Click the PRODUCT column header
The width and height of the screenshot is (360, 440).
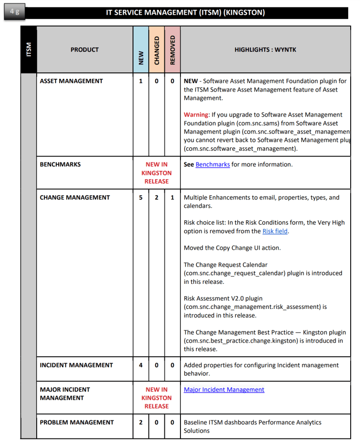(x=85, y=50)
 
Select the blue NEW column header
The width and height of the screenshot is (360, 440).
(x=141, y=50)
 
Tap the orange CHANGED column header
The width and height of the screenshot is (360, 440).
(x=157, y=50)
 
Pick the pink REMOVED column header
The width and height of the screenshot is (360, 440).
(x=172, y=50)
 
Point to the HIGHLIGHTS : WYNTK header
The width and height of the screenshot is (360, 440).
(x=265, y=50)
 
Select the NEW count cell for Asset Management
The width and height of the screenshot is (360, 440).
(x=141, y=81)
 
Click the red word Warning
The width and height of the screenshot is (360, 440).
(x=196, y=115)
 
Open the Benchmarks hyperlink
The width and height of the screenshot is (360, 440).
(x=212, y=165)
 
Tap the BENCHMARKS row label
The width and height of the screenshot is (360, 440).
(x=60, y=165)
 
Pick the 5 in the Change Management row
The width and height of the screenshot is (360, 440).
(x=141, y=198)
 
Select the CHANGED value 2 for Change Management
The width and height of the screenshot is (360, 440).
(x=157, y=198)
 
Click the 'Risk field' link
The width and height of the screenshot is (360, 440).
(x=275, y=232)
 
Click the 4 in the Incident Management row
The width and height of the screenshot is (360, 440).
(x=141, y=365)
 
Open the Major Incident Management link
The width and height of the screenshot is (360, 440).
(x=224, y=390)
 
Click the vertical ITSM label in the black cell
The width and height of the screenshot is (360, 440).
(x=28, y=50)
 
